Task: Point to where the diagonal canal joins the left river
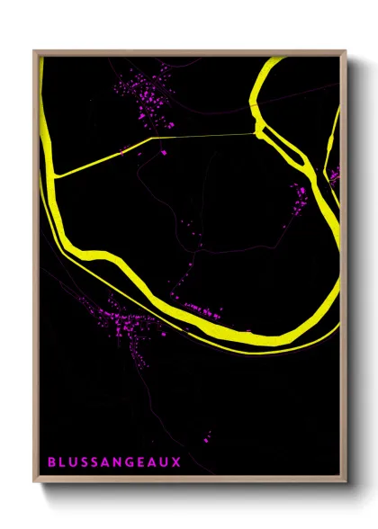[57, 175]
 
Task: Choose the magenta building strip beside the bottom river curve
[203, 311]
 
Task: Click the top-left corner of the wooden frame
[35, 51]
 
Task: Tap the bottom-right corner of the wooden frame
[345, 483]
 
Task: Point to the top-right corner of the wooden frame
[345, 51]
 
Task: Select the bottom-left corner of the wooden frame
[35, 483]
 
